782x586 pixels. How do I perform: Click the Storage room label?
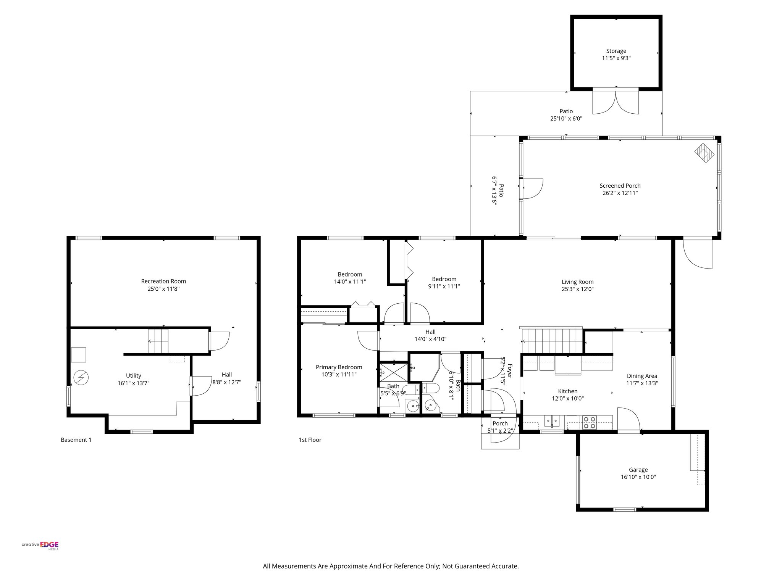pyautogui.click(x=616, y=51)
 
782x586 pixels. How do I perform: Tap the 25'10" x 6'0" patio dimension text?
pyautogui.click(x=566, y=119)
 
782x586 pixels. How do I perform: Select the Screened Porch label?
pyautogui.click(x=620, y=186)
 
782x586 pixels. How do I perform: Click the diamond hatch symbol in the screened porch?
pyautogui.click(x=704, y=153)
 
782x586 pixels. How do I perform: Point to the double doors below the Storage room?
pyautogui.click(x=616, y=101)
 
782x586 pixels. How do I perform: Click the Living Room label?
pyautogui.click(x=577, y=282)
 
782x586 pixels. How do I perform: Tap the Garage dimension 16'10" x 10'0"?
pyautogui.click(x=638, y=477)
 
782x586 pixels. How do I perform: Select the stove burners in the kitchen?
pyautogui.click(x=589, y=421)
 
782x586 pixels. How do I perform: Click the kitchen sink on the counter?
pyautogui.click(x=552, y=421)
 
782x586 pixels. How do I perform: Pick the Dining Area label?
pyautogui.click(x=641, y=376)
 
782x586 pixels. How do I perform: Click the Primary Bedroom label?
pyautogui.click(x=339, y=367)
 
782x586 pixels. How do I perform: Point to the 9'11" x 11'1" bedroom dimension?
pyautogui.click(x=444, y=286)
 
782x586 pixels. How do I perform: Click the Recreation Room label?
pyautogui.click(x=163, y=281)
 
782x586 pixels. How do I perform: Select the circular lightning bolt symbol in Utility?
pyautogui.click(x=81, y=378)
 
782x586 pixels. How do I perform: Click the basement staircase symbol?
pyautogui.click(x=158, y=341)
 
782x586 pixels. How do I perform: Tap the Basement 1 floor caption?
pyautogui.click(x=76, y=440)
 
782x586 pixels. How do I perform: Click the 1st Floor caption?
pyautogui.click(x=310, y=440)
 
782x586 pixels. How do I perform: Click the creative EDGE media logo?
pyautogui.click(x=40, y=546)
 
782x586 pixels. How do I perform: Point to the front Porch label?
pyautogui.click(x=500, y=423)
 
